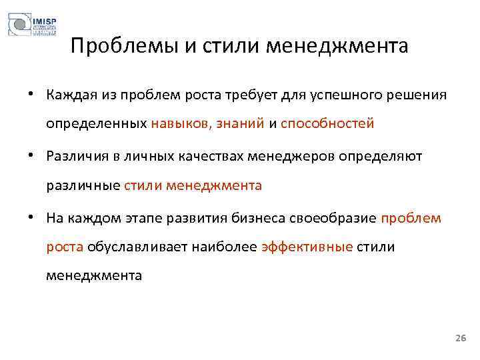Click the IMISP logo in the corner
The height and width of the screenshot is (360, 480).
coord(31,26)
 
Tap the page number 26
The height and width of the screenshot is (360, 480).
coord(460,339)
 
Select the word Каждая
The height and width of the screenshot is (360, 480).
coord(69,95)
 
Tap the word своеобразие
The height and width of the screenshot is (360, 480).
coord(337,218)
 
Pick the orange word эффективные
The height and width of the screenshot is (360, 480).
coord(307,247)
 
